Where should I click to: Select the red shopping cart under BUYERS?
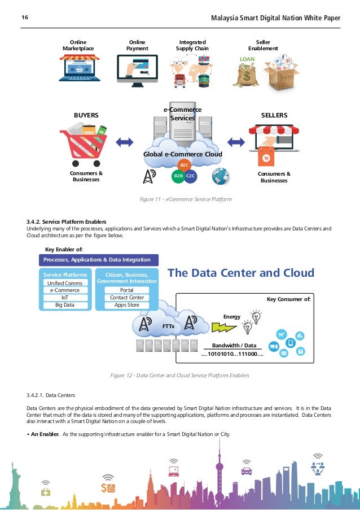(86, 143)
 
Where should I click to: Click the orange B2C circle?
(183, 165)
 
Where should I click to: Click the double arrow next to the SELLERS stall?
(234, 142)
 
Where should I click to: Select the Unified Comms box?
(64, 283)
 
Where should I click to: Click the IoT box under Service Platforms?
(64, 298)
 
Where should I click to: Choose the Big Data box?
(64, 305)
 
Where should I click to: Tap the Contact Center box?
(126, 298)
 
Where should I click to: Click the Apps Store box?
(126, 305)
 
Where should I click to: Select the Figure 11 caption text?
(186, 199)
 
